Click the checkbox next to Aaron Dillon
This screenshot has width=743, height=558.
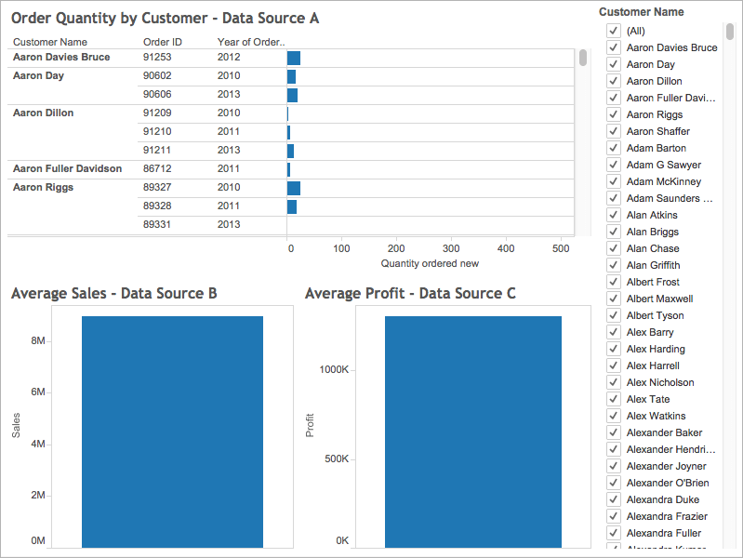click(x=614, y=81)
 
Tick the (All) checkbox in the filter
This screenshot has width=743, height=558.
click(x=614, y=31)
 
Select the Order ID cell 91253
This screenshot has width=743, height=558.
click(x=158, y=57)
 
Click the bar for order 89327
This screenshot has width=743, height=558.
click(x=294, y=188)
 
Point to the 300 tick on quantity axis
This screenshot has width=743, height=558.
click(x=451, y=248)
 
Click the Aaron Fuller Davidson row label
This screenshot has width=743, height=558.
click(x=67, y=168)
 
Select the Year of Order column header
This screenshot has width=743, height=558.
click(x=250, y=42)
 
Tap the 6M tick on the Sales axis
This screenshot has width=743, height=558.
click(x=38, y=392)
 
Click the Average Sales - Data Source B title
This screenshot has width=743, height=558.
click(x=114, y=293)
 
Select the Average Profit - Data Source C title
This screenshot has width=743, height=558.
click(x=410, y=293)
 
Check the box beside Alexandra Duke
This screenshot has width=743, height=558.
click(x=614, y=499)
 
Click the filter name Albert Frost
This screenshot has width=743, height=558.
click(x=653, y=282)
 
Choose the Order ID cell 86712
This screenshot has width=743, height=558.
click(x=158, y=168)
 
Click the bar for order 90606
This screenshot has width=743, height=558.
click(x=292, y=95)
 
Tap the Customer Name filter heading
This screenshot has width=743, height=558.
click(x=641, y=12)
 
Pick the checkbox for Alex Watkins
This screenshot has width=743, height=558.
click(x=614, y=416)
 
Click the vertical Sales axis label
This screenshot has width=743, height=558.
click(x=16, y=425)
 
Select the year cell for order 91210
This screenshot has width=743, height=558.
click(x=229, y=131)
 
